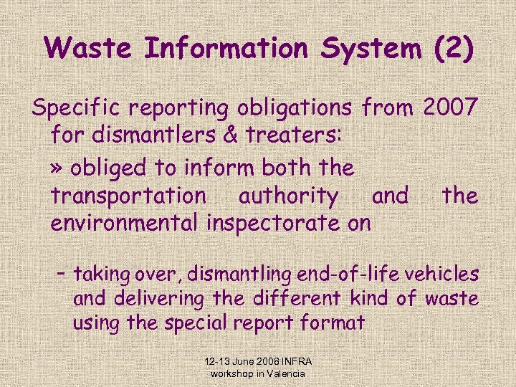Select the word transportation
point(128,195)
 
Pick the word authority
point(289,196)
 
